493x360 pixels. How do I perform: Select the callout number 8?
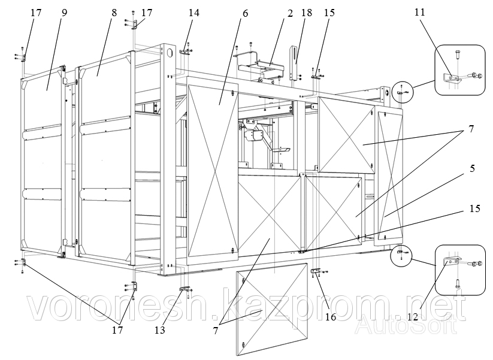coord(114,12)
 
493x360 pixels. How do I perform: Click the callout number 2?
coord(289,13)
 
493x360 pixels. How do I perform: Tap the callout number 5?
coord(472,169)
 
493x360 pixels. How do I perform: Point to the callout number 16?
coord(331,317)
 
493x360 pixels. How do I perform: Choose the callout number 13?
coord(158,329)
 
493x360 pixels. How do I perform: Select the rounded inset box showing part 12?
coord(461,270)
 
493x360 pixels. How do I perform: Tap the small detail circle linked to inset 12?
coord(401,256)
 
